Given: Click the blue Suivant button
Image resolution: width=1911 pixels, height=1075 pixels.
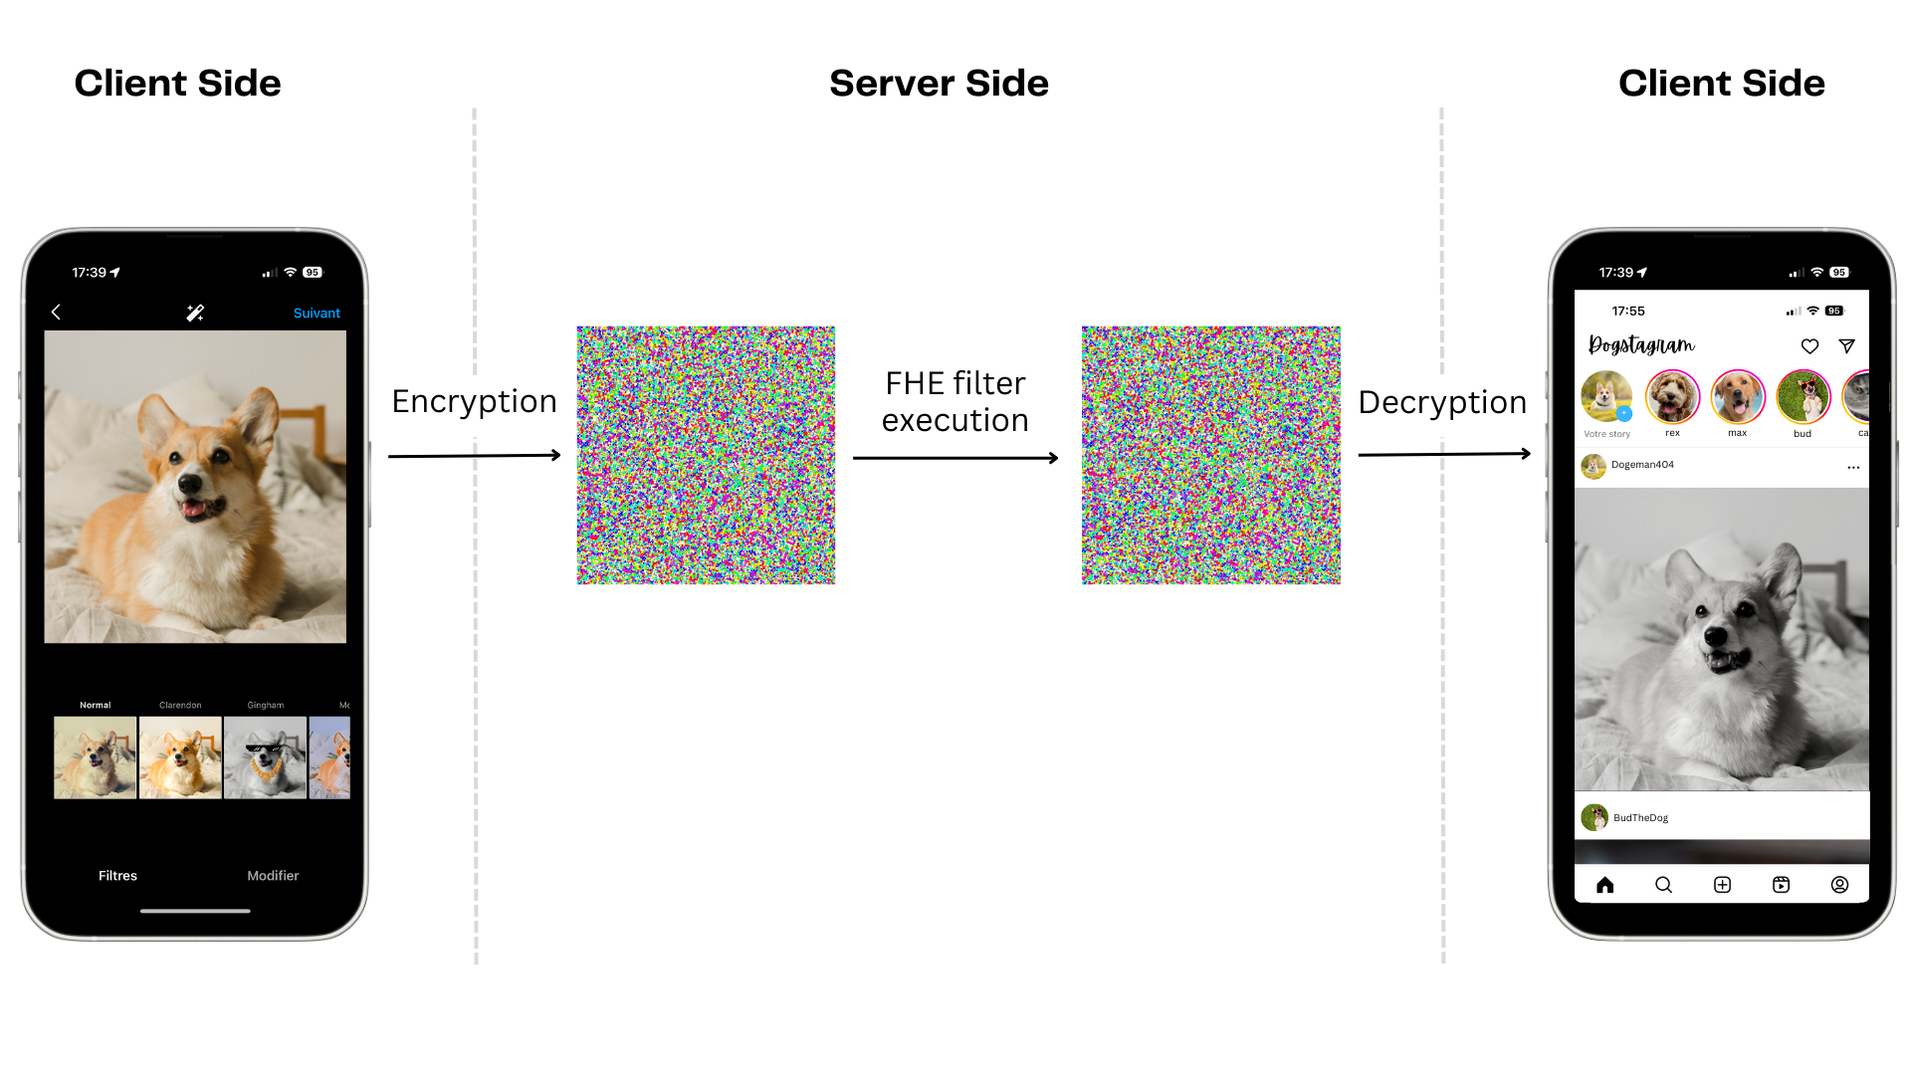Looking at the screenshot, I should click(x=317, y=314).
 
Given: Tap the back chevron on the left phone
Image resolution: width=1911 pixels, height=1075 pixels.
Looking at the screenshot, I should click(x=56, y=313).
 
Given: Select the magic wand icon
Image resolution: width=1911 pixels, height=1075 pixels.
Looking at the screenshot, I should click(x=195, y=314).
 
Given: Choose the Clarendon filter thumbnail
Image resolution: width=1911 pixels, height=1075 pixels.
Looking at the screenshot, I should click(x=180, y=757).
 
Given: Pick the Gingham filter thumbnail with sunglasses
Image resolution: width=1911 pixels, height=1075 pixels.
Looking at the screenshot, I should click(x=265, y=757).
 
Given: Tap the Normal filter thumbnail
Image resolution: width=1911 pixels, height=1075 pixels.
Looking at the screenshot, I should click(x=96, y=757).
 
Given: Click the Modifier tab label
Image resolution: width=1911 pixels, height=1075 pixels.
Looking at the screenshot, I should click(x=273, y=876).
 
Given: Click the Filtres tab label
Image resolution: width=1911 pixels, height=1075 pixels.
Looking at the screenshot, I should click(x=117, y=876).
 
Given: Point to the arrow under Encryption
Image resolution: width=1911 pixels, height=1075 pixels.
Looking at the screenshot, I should click(x=475, y=456).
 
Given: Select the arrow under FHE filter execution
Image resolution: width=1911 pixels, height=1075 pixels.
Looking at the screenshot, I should click(x=955, y=458).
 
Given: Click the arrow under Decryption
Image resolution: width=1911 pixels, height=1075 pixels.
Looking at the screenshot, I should click(x=1444, y=454).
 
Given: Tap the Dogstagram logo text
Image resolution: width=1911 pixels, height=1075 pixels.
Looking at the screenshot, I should click(x=1641, y=345).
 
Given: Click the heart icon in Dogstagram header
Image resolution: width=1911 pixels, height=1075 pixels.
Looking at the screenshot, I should click(x=1809, y=346).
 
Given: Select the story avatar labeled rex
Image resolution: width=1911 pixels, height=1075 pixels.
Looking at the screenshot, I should click(x=1672, y=396).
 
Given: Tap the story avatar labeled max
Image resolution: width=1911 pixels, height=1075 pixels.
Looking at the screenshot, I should click(x=1738, y=396).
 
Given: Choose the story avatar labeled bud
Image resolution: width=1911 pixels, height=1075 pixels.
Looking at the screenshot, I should click(x=1803, y=396).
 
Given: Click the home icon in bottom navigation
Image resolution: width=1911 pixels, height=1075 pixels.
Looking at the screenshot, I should click(x=1604, y=885).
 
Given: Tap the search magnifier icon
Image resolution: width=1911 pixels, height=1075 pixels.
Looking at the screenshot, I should click(x=1663, y=885).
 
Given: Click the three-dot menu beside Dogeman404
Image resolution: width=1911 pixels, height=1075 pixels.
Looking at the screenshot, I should click(x=1853, y=467).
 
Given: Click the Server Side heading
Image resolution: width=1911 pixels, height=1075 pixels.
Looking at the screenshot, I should click(x=939, y=84).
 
